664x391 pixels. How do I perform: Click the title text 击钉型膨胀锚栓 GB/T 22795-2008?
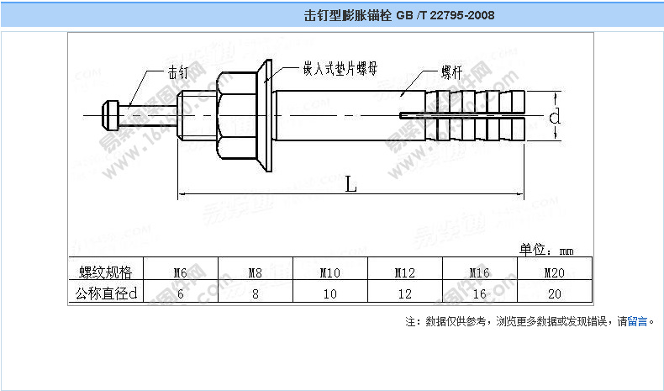398,16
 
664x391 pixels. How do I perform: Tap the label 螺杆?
451,72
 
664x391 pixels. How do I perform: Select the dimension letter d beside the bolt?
555,117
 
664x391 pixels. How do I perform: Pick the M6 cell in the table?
181,272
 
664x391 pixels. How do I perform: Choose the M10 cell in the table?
330,272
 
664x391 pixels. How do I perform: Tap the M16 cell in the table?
479,272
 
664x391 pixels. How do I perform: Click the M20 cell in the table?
554,272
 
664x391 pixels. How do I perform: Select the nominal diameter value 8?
256,294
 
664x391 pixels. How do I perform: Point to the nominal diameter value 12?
405,294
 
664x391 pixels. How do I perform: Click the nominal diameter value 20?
554,294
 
